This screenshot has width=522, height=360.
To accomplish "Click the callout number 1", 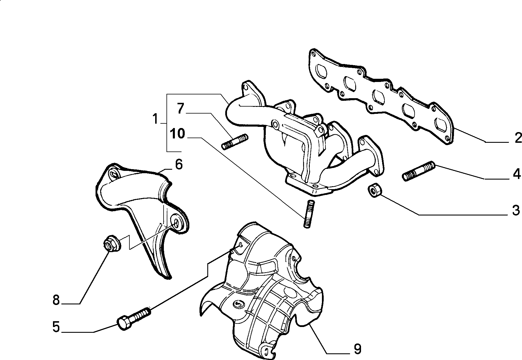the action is [155, 119].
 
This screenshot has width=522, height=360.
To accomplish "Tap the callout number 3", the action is [516, 211].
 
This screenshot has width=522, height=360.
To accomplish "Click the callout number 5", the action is [56, 327].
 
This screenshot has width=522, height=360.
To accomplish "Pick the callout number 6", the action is [179, 165].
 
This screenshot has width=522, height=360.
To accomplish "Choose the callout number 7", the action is [181, 109].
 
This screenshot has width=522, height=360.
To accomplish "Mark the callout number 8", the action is [56, 300].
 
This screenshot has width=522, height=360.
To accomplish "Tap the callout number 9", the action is [358, 349].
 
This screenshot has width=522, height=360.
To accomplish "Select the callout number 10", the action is [177, 134].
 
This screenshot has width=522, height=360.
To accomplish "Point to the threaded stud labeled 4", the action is [419, 171].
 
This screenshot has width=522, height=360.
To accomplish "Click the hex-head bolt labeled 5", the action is [134, 319].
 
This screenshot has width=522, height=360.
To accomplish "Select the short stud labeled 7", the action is [235, 142].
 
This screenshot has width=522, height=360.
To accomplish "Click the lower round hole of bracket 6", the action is [176, 222].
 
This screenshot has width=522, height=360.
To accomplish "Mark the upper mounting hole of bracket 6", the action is [113, 175].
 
